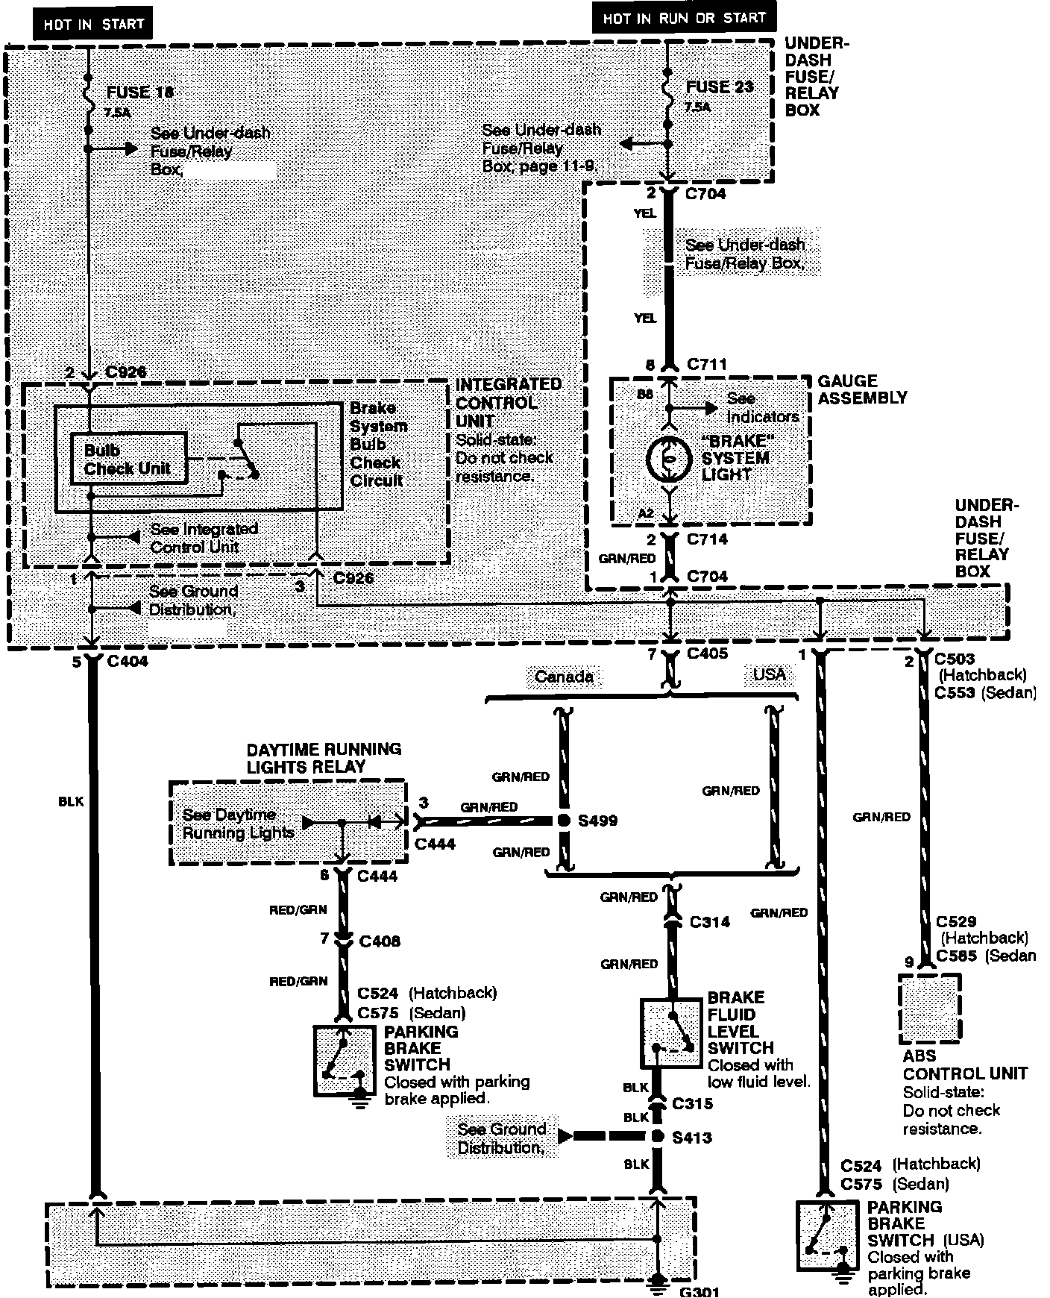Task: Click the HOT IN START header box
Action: click(92, 24)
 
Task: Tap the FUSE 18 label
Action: click(140, 93)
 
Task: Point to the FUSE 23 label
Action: click(720, 87)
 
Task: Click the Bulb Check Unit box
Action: click(128, 460)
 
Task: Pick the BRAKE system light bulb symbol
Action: click(668, 459)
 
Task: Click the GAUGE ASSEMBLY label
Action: click(862, 389)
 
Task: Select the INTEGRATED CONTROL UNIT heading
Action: click(508, 403)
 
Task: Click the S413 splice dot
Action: click(657, 1137)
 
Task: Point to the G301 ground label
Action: click(699, 1291)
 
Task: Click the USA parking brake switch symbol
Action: click(826, 1235)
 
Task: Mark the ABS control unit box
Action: click(929, 1009)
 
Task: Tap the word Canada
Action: click(564, 677)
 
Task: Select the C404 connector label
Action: click(128, 662)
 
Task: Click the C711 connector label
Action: click(705, 365)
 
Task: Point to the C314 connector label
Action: click(709, 922)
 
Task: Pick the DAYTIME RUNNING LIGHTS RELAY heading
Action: click(324, 758)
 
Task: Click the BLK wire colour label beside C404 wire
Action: click(71, 802)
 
